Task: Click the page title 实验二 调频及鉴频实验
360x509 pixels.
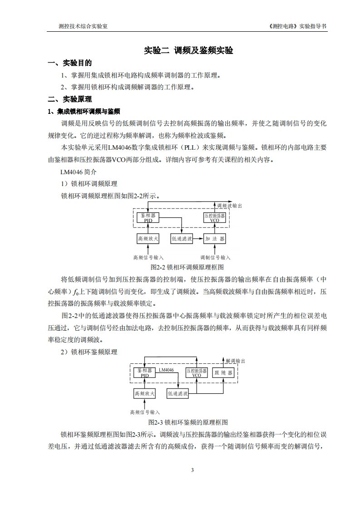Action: click(188, 50)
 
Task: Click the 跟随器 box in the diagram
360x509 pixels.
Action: click(223, 373)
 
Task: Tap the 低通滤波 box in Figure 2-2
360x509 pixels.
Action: click(182, 238)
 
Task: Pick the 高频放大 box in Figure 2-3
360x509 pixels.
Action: click(144, 393)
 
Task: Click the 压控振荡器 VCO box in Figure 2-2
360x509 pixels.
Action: click(214, 218)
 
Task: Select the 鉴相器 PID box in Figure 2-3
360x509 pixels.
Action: click(144, 373)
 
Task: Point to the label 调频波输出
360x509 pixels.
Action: click(229, 206)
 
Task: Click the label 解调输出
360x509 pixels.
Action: click(235, 361)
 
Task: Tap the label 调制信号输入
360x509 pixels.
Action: click(215, 257)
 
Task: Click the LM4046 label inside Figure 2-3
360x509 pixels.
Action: click(166, 370)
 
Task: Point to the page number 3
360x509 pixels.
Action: click(192, 470)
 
